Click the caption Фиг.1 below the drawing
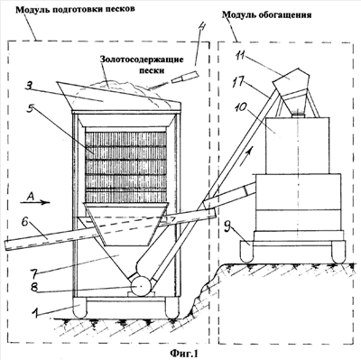(185, 353)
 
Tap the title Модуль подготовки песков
(75, 9)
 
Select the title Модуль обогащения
(267, 14)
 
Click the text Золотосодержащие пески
(142, 65)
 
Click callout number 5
(29, 109)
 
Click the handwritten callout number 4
(201, 30)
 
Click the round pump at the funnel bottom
(140, 286)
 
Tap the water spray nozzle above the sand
(183, 77)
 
